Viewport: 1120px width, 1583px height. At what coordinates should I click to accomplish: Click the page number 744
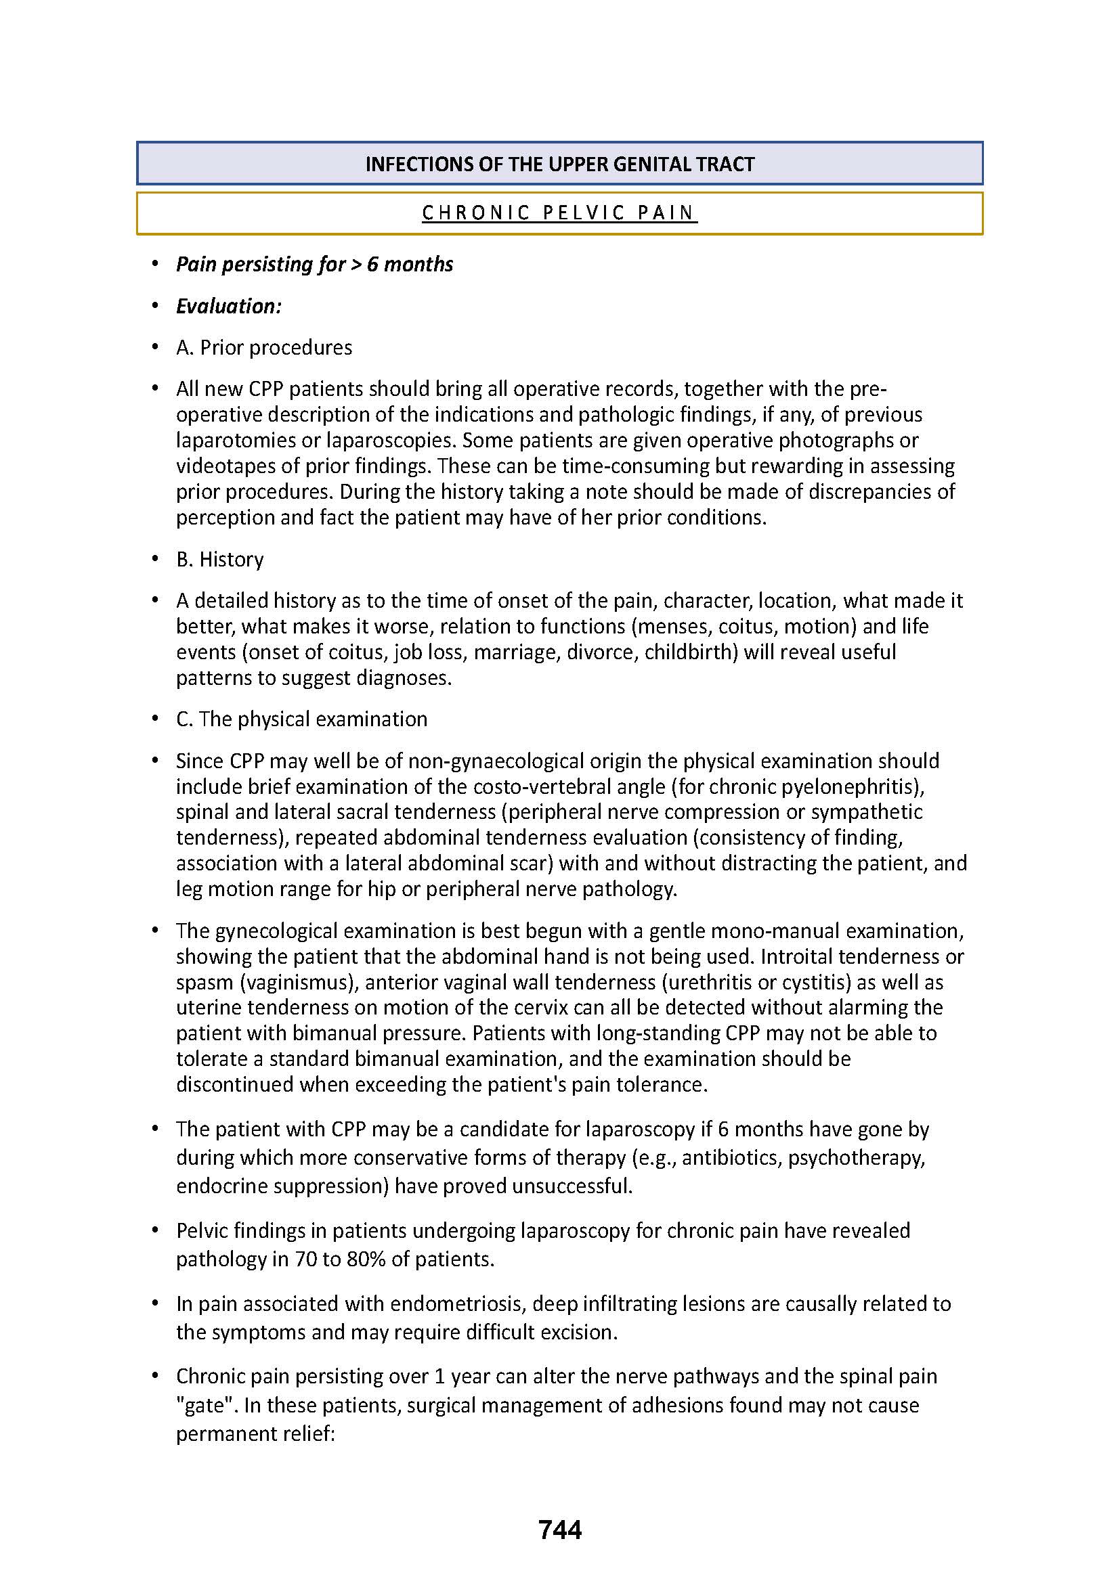pyautogui.click(x=560, y=1530)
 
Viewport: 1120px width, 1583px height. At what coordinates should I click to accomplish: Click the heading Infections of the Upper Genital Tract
pyautogui.click(x=559, y=164)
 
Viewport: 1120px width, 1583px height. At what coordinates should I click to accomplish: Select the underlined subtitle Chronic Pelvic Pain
pyautogui.click(x=559, y=213)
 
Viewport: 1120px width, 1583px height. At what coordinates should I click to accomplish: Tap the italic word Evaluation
pyautogui.click(x=228, y=306)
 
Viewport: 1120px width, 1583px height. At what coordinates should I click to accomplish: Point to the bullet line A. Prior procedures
pyautogui.click(x=264, y=347)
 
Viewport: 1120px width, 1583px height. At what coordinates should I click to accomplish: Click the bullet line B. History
pyautogui.click(x=220, y=559)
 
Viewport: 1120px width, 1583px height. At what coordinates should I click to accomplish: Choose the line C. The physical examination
pyautogui.click(x=301, y=719)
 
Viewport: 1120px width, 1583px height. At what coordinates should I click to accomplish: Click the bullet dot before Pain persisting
pyautogui.click(x=156, y=264)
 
